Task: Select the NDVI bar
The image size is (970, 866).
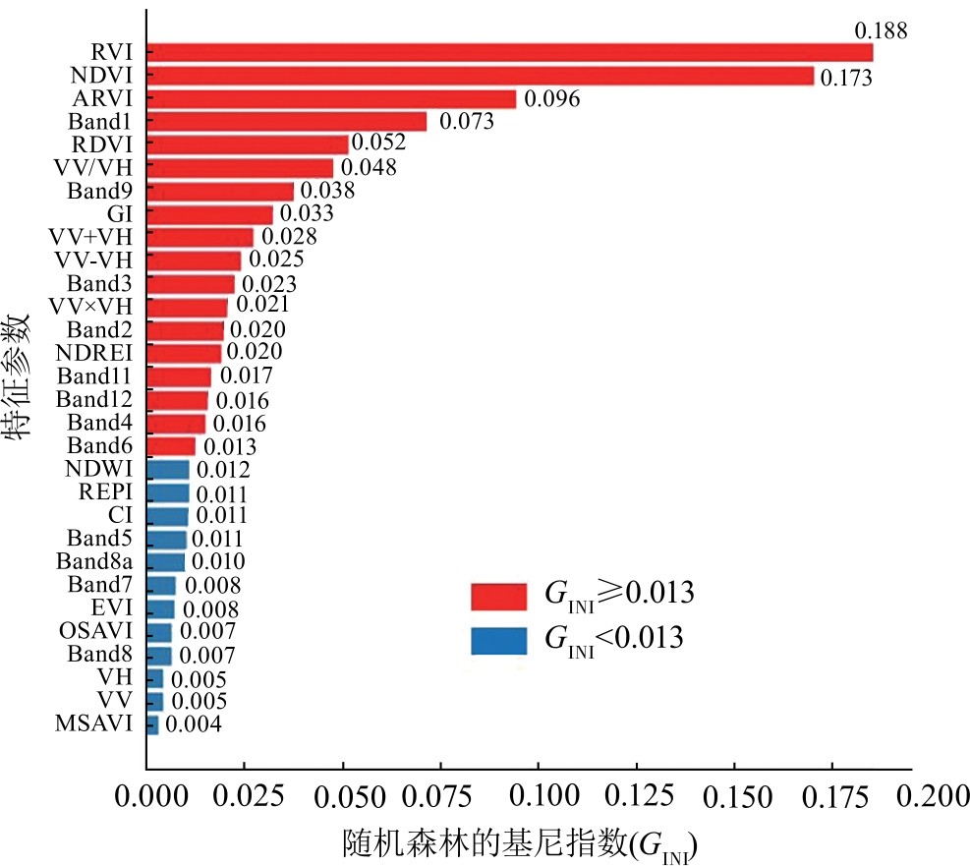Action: point(481,76)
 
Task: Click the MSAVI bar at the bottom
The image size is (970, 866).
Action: point(152,724)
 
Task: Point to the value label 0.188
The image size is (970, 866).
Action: point(880,30)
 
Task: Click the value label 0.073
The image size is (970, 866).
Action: point(466,122)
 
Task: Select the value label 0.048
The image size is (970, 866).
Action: point(369,167)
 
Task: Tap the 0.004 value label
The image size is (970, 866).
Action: point(193,724)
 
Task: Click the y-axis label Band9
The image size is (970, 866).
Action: point(100,191)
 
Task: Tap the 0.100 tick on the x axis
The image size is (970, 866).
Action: point(538,796)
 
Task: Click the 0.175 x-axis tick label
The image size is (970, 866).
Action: point(831,796)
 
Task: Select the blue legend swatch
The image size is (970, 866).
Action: point(499,640)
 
